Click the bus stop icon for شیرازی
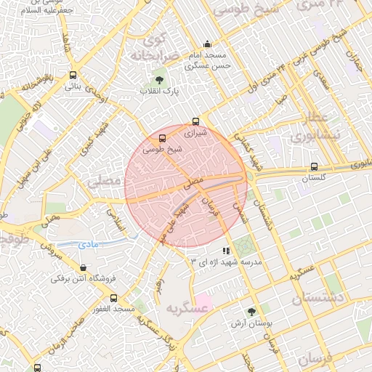click(195, 121)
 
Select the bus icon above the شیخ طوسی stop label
click(161, 137)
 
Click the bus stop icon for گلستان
click(314, 166)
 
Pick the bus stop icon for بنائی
click(73, 75)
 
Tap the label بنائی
click(73, 86)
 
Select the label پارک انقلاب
click(160, 92)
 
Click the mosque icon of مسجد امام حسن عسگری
click(208, 43)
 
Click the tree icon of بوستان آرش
click(251, 311)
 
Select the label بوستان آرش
click(251, 323)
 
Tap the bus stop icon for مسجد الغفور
click(113, 298)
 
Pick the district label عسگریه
click(188, 308)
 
